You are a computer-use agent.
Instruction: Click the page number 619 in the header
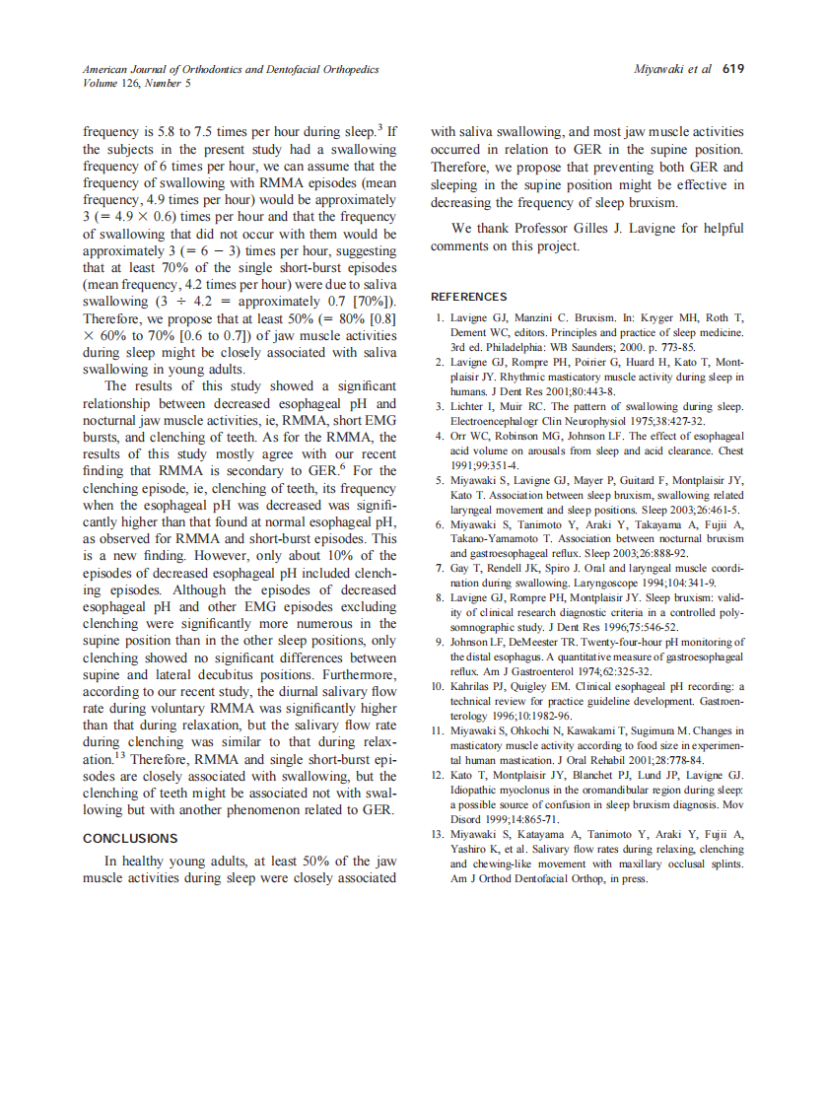pyautogui.click(x=732, y=70)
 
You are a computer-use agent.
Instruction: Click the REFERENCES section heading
pyautogui.click(x=469, y=297)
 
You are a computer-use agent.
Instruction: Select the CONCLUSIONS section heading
pyautogui.click(x=130, y=839)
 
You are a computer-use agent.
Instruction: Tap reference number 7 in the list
pyautogui.click(x=439, y=569)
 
